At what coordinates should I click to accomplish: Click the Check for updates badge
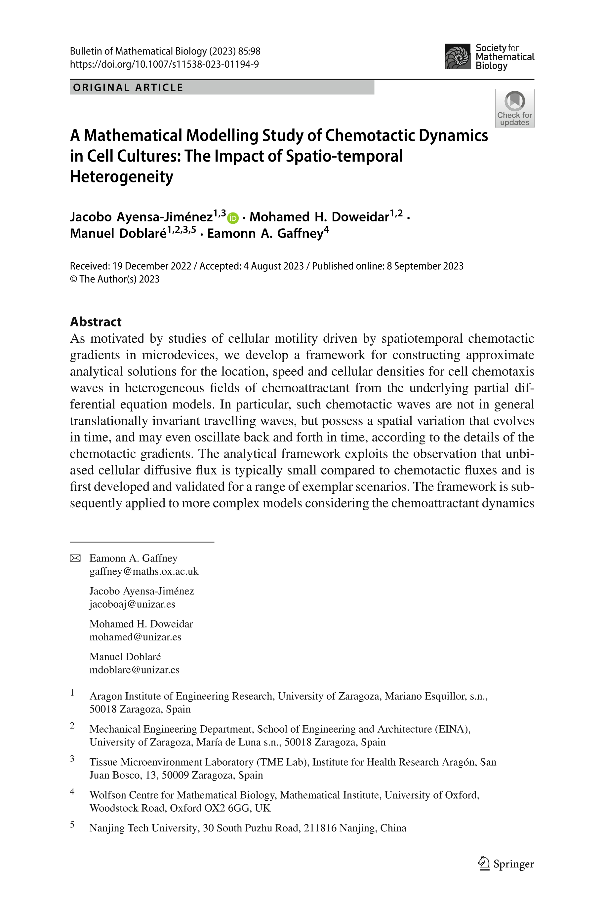[x=514, y=108]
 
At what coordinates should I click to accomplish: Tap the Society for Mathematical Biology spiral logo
[x=458, y=56]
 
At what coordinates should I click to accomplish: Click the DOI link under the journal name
[x=164, y=64]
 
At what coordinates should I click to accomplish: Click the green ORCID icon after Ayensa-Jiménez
[x=233, y=218]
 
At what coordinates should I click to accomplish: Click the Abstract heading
[x=96, y=322]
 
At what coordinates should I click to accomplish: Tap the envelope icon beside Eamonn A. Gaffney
[x=75, y=558]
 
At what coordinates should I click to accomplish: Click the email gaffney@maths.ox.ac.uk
[x=144, y=571]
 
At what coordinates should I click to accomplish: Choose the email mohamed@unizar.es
[x=136, y=637]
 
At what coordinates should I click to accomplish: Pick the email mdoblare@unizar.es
[x=135, y=669]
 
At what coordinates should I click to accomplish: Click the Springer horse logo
[x=483, y=863]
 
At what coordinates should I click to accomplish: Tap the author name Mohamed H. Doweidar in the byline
[x=319, y=217]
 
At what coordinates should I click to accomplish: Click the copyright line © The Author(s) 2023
[x=115, y=279]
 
